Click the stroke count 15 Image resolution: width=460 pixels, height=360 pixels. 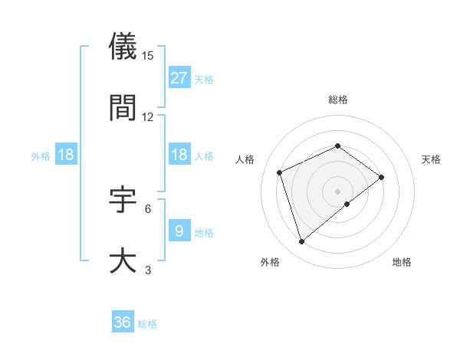[x=148, y=56]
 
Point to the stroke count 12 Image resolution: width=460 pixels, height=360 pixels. [x=148, y=117]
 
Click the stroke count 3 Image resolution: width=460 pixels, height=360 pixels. [x=148, y=270]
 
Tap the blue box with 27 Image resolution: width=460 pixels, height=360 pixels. [x=179, y=77]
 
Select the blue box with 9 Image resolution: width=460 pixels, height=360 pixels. [x=179, y=231]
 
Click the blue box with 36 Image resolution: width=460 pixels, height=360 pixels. [x=123, y=322]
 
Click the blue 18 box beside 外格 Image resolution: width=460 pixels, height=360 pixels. [x=66, y=155]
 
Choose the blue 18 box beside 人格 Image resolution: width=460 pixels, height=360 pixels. [x=179, y=155]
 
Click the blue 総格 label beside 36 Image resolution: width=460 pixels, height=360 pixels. [x=147, y=324]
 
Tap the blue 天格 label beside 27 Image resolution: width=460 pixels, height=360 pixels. [x=204, y=79]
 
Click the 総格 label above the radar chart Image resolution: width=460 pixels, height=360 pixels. [x=337, y=100]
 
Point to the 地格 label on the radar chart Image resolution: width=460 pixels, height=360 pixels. [x=402, y=263]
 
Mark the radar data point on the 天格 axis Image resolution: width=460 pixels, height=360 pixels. [x=382, y=177]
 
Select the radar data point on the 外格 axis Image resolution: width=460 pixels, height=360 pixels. [x=301, y=242]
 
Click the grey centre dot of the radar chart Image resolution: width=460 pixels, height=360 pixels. [x=337, y=191]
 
